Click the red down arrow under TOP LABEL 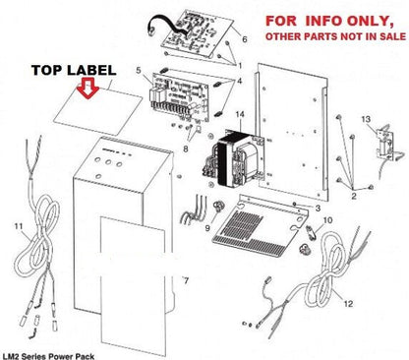[x=88, y=88]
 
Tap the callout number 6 [x=245, y=39]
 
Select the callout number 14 [x=240, y=114]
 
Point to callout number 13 [x=366, y=119]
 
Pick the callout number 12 [x=348, y=304]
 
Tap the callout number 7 [x=186, y=280]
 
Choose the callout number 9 [x=207, y=227]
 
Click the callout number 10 [x=327, y=220]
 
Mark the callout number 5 [x=139, y=70]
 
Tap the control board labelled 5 [x=180, y=97]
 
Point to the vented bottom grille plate [x=261, y=226]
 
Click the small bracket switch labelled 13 [x=386, y=146]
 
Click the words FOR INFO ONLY [x=329, y=21]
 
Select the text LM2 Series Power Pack [x=48, y=356]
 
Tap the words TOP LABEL [x=74, y=70]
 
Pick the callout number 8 [x=186, y=149]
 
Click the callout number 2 [x=354, y=196]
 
